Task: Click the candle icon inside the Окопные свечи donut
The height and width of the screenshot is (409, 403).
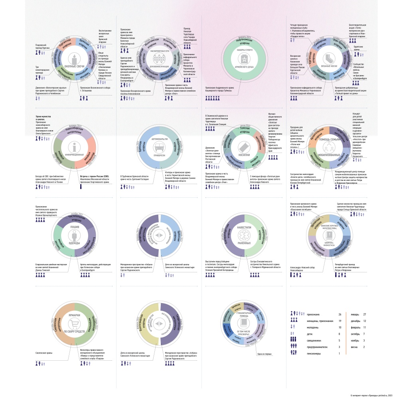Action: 74,58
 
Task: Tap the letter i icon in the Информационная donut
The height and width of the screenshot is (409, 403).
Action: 74,146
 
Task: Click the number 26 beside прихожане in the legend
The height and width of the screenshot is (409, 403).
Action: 339,315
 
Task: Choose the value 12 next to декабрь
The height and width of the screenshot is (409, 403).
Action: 375,321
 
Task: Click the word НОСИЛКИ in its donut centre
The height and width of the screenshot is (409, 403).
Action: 244,155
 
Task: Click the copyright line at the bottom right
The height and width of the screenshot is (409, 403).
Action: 371,395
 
